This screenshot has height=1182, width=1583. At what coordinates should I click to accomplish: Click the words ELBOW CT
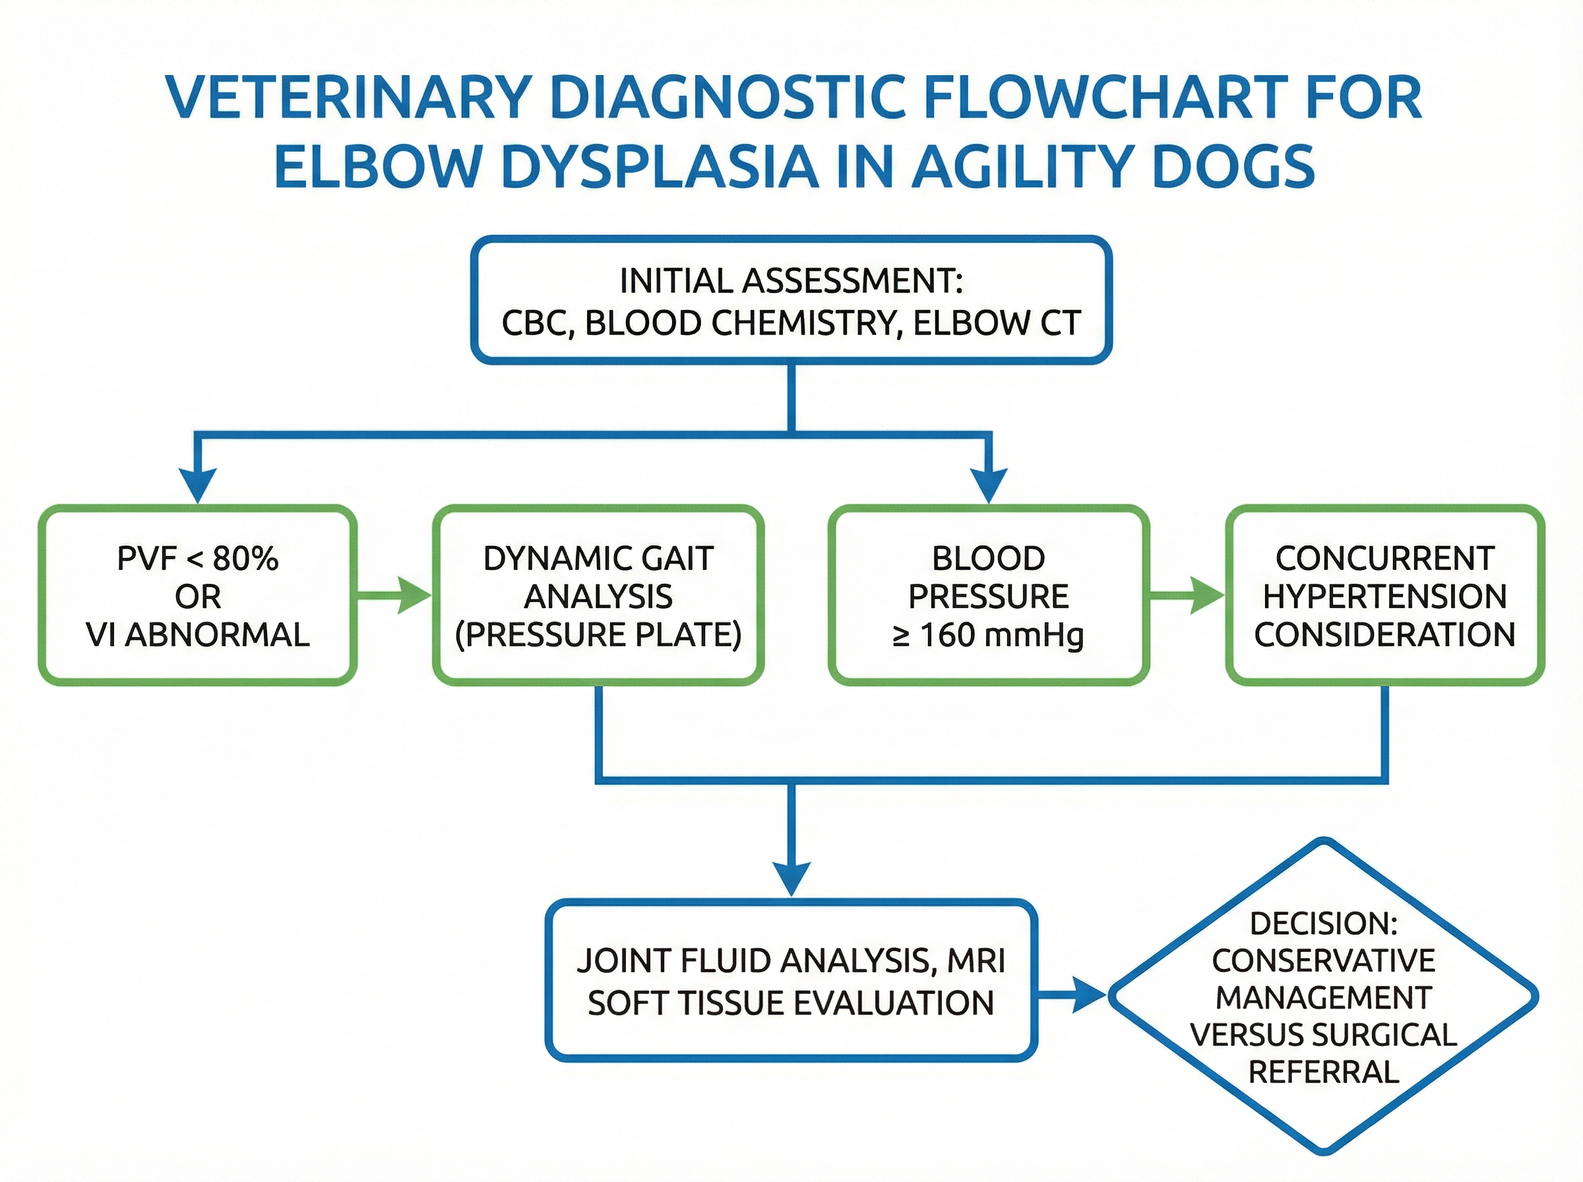pos(997,323)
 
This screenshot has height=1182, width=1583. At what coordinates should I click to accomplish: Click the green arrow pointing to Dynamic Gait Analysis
pos(394,596)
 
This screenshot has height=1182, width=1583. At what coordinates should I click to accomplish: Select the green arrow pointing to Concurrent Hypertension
pos(1187,596)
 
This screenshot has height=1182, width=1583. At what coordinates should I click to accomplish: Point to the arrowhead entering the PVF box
pos(197,487)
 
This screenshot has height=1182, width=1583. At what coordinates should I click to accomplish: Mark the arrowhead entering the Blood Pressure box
pos(989,487)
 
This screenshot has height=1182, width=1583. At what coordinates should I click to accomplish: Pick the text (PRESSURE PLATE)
pos(598,635)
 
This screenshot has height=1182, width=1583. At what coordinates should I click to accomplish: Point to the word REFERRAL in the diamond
pos(1323,1072)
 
